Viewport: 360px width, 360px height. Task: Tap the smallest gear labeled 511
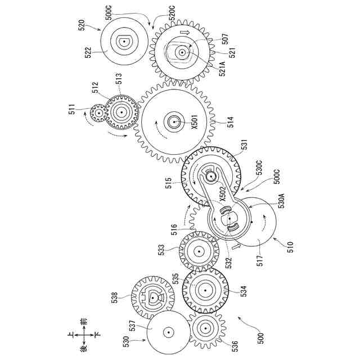pyautogui.click(x=99, y=113)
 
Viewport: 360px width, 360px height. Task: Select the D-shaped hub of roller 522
pyautogui.click(x=124, y=40)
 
